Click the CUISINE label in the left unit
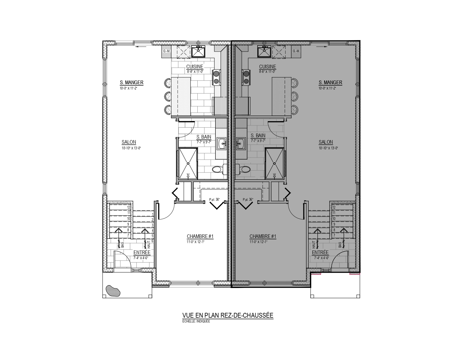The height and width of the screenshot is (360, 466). pos(195,67)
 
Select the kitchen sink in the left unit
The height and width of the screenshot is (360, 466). pos(198,52)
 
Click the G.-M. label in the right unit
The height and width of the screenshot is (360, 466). pos(296,51)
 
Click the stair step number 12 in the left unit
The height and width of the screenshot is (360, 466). pos(129,207)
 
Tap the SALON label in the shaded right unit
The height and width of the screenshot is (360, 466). pos(326,142)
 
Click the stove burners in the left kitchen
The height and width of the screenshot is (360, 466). pos(216,77)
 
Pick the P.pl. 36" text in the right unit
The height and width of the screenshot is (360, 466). pos(248,199)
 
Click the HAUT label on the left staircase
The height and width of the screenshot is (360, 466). pos(149,245)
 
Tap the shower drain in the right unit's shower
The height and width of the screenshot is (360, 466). pos(275,163)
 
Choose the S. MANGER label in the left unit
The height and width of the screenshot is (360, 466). pos(131,82)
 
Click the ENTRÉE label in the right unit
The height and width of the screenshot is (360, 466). pos(320,252)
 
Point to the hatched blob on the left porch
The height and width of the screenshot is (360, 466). pos(113,291)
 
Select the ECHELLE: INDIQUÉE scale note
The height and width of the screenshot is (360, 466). pos(196,321)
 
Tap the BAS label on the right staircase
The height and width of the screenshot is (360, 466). pos(340,245)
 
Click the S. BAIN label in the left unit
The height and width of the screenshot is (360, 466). pos(204,137)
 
